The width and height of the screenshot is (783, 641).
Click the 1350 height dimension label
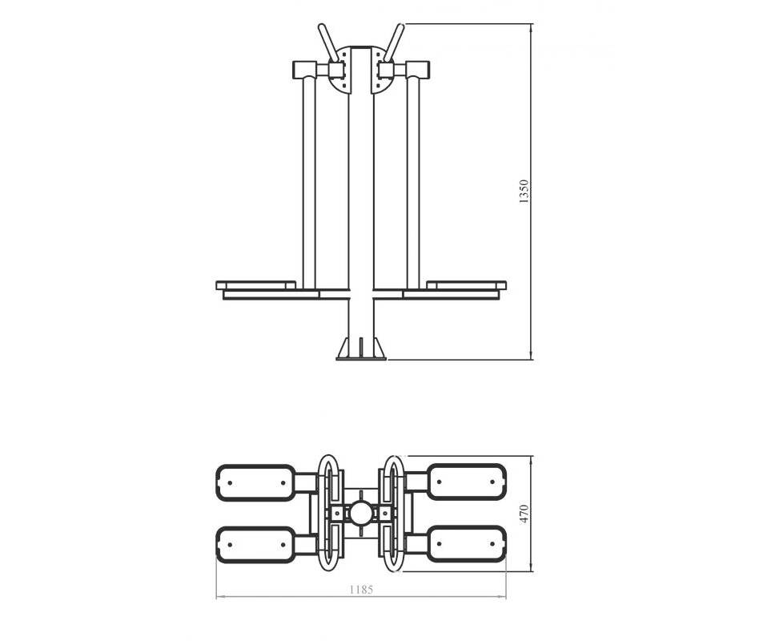[524, 191]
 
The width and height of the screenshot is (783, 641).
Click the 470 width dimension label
[524, 514]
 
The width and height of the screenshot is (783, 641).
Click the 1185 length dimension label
[361, 590]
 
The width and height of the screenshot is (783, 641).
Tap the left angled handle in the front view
[328, 42]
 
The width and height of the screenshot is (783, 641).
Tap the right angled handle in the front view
[394, 42]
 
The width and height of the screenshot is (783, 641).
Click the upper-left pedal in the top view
[255, 482]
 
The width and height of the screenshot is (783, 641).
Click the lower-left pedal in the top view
[255, 545]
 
